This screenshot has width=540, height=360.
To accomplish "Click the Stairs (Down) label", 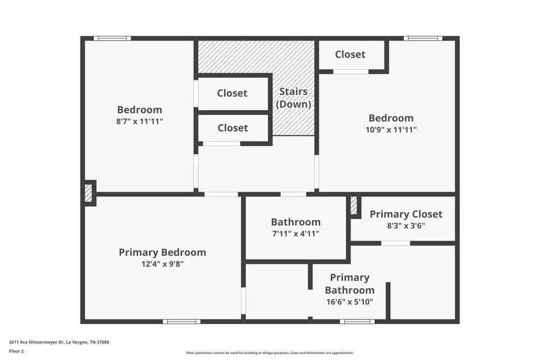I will (x=293, y=98).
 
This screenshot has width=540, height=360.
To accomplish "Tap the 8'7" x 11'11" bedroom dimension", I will (x=139, y=121).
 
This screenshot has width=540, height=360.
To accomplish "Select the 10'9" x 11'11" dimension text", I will (x=391, y=130).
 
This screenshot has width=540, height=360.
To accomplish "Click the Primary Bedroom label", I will (x=162, y=252).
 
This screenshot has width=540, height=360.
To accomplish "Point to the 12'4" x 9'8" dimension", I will (x=162, y=264).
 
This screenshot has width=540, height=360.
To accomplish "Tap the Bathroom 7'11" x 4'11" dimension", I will (x=295, y=234).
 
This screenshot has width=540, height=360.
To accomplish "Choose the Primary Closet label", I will (x=406, y=214).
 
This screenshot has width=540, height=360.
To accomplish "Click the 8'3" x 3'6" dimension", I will (x=406, y=226).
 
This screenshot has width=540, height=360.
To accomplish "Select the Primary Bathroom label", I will (x=349, y=283).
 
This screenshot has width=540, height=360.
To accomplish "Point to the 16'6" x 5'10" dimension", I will (x=349, y=302).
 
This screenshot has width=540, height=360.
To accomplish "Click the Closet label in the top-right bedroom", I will (x=350, y=55).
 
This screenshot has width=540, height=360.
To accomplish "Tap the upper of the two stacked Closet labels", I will (x=232, y=93).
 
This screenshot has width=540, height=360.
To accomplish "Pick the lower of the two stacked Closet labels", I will (x=233, y=128).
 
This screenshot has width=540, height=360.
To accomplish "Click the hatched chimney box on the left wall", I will (x=89, y=193).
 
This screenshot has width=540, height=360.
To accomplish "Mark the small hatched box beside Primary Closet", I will (x=354, y=206).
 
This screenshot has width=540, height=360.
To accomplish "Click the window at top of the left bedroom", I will (x=112, y=38).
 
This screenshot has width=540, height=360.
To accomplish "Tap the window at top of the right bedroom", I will (x=423, y=38).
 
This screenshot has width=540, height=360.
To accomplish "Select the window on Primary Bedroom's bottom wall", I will (x=181, y=322).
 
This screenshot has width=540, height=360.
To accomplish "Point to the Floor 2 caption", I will (x=16, y=351).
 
